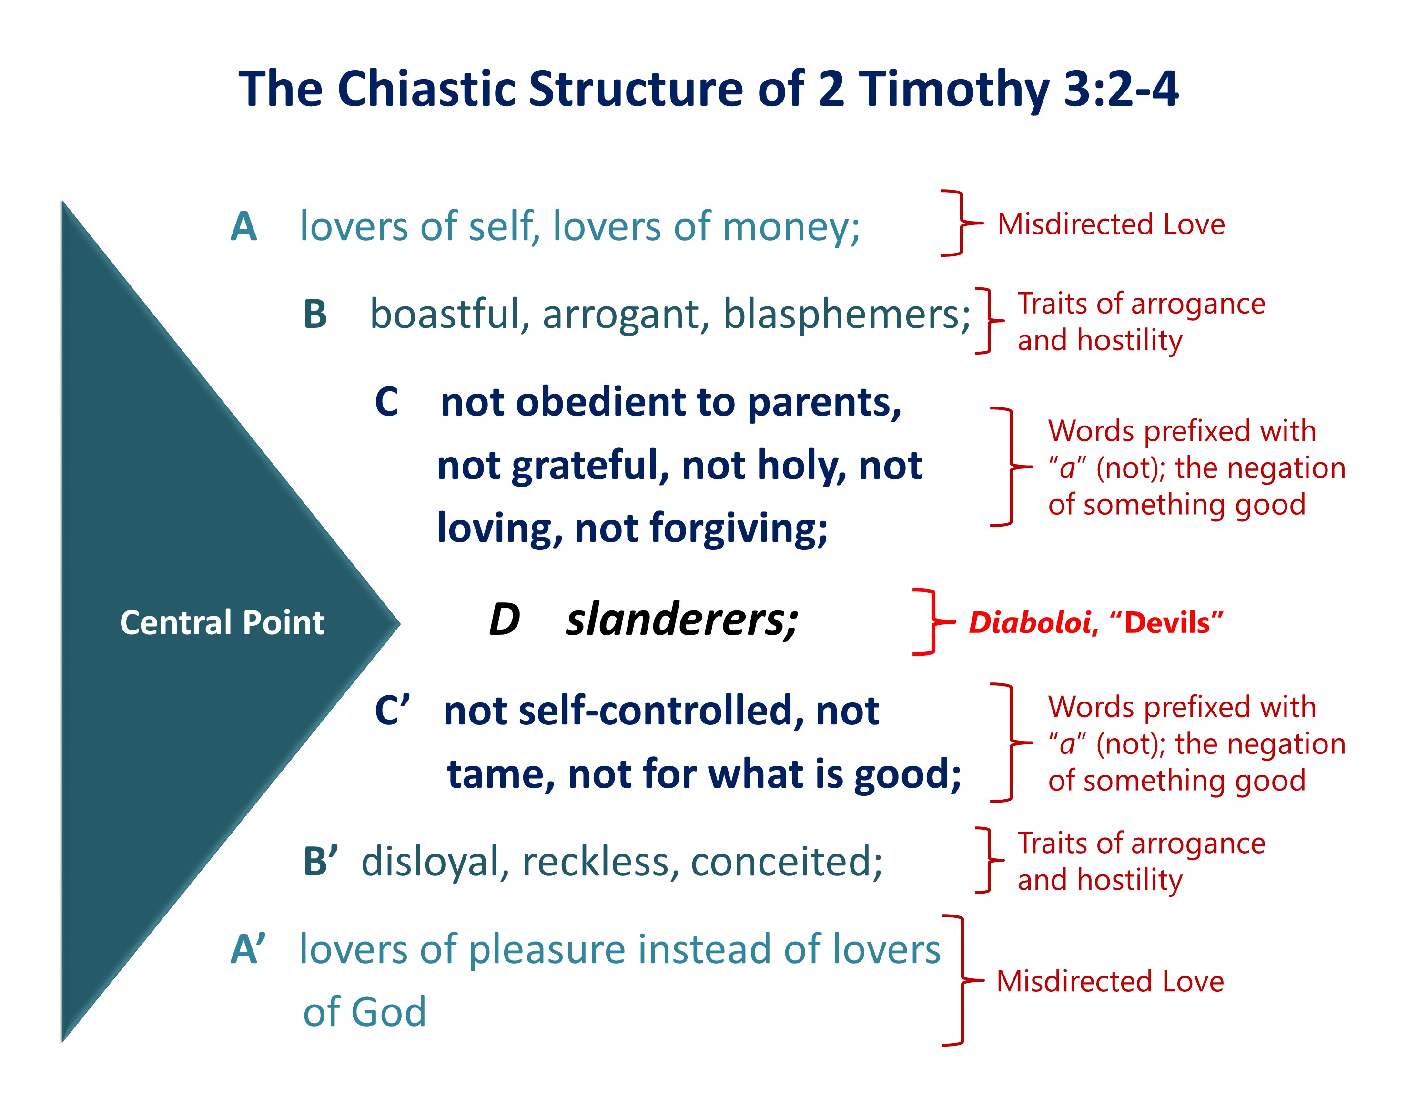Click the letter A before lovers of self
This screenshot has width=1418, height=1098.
point(243,227)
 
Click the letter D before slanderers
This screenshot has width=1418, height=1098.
point(505,620)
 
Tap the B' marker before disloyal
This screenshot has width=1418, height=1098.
point(321,862)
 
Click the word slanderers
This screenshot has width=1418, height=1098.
point(682,620)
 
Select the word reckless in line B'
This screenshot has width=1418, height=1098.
point(600,862)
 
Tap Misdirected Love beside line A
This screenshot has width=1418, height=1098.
point(1111,224)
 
